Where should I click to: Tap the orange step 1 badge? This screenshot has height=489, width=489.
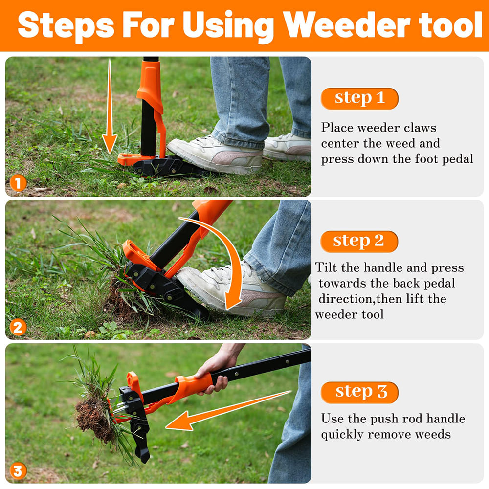[x=359, y=98]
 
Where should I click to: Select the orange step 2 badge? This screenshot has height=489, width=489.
[x=359, y=242]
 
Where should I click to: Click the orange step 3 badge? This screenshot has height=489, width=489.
[x=359, y=392]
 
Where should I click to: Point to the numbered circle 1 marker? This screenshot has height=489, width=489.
[x=18, y=184]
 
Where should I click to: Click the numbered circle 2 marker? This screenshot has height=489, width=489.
[x=18, y=327]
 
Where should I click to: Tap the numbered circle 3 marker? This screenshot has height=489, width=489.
[x=18, y=471]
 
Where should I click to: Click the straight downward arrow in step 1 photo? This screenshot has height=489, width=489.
[x=109, y=108]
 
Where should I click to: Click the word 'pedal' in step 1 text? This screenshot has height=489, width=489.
[x=457, y=159]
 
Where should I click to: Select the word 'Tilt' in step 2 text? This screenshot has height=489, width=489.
[x=326, y=267]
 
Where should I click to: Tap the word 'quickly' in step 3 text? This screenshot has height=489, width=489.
[x=343, y=434]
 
